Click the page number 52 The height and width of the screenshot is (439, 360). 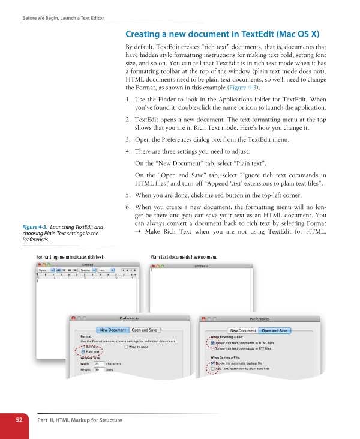point(19,420)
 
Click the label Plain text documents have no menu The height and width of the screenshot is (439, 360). point(184,256)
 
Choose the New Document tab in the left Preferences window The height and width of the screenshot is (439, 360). point(113,330)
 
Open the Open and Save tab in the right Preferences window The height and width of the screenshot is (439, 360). point(275,330)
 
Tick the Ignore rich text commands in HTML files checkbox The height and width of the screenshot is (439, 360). point(212,343)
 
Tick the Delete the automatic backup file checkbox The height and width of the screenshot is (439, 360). point(212,363)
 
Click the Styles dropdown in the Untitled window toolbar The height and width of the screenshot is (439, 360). point(43,270)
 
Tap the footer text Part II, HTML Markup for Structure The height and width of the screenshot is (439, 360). point(80,420)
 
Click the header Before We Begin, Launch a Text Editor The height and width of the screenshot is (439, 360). point(63,18)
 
